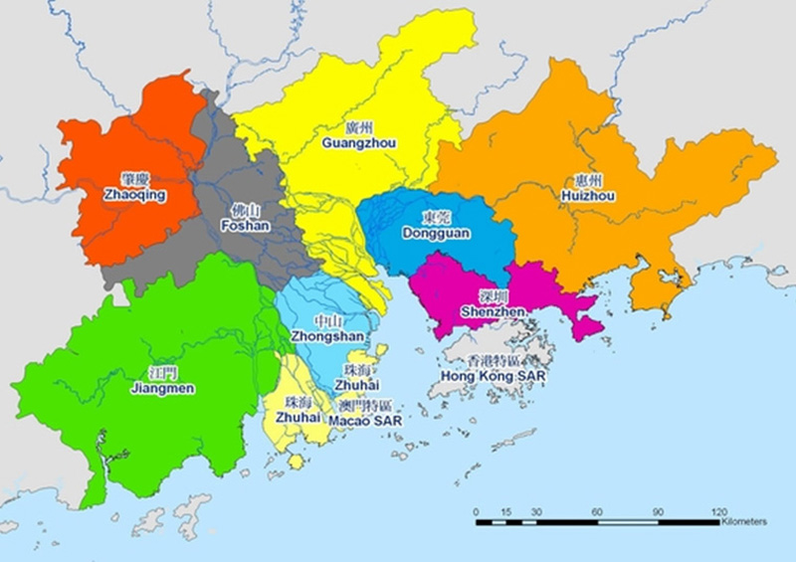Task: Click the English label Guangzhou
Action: pyautogui.click(x=359, y=143)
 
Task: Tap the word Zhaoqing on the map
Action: pyautogui.click(x=134, y=195)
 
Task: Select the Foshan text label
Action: pyautogui.click(x=245, y=226)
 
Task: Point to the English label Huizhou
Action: pyautogui.click(x=588, y=197)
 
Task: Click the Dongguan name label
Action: pyautogui.click(x=436, y=233)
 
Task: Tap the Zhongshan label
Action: pyautogui.click(x=327, y=337)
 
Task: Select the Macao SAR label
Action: pyautogui.click(x=362, y=421)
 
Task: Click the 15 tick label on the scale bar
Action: pyautogui.click(x=506, y=511)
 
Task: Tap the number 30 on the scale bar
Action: pyautogui.click(x=536, y=511)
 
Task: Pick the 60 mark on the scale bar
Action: pyautogui.click(x=597, y=511)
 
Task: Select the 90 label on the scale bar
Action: pyautogui.click(x=658, y=511)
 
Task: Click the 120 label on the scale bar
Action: pyautogui.click(x=718, y=511)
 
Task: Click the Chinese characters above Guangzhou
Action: pyautogui.click(x=359, y=128)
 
